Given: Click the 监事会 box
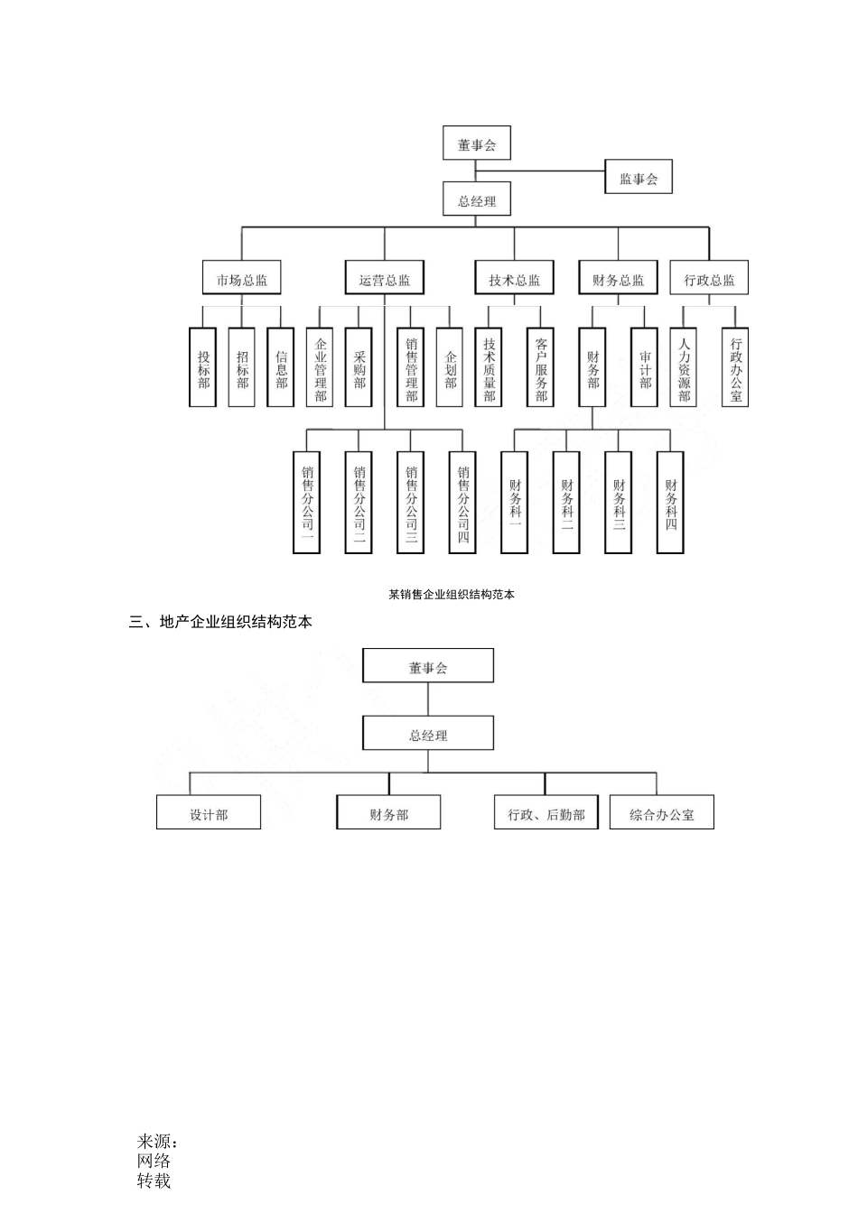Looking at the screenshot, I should [x=639, y=179].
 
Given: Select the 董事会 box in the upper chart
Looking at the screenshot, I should [x=477, y=144].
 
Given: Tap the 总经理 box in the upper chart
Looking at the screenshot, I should [x=477, y=201].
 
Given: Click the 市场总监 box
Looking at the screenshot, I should [x=242, y=280].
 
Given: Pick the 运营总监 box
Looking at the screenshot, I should [x=385, y=280].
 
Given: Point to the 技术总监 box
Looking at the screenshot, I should [x=515, y=280].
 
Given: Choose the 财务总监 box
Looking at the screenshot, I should [x=619, y=280].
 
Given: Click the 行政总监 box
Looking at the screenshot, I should [x=709, y=280].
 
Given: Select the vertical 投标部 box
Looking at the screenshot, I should [x=203, y=368].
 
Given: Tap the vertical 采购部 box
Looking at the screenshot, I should [x=359, y=368].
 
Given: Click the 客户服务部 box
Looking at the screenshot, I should [x=541, y=368].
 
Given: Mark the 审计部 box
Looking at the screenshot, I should [x=645, y=368].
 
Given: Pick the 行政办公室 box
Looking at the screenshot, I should [x=735, y=368].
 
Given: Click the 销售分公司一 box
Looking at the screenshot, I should [x=307, y=502].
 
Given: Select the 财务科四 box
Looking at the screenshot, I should [x=671, y=502].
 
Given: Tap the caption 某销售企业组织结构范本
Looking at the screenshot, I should [x=451, y=595].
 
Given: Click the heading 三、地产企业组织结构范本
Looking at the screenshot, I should [x=221, y=622].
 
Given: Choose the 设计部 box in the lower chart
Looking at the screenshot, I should [x=209, y=813].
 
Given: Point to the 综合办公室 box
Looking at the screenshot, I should [x=662, y=813].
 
